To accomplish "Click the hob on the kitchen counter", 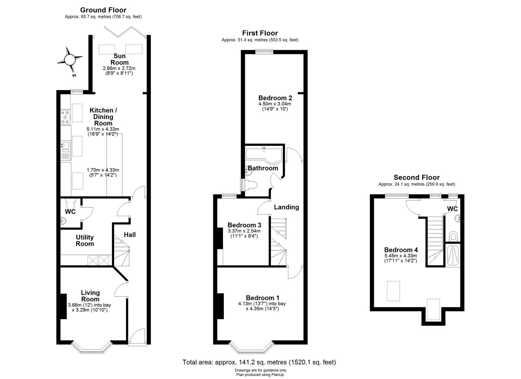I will tap(65, 117).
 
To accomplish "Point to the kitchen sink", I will tap(65, 145).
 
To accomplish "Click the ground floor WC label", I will tap(70, 212).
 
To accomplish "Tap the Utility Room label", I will tap(85, 241).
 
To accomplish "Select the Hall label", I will tap(129, 235).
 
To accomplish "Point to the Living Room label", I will tap(90, 296).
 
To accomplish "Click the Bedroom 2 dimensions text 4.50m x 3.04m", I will tap(275, 104).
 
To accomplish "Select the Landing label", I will tap(286, 207).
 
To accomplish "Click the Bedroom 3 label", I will tap(244, 225).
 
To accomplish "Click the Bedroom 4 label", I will tap(401, 250).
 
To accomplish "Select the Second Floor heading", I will tap(416, 178).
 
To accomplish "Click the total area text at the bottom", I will tap(259, 362).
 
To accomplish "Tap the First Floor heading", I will tap(260, 33).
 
